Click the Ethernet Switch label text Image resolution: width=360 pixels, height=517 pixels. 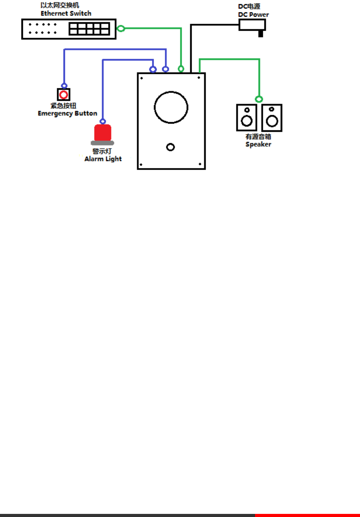tap(66, 13)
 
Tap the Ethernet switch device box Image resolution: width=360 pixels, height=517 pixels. tap(47, 29)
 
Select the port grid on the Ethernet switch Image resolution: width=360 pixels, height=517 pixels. tap(89, 29)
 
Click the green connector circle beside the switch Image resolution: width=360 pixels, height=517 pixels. tap(121, 28)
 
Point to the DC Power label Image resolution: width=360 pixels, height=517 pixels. tap(253, 15)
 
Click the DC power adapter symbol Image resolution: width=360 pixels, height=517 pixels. tap(252, 25)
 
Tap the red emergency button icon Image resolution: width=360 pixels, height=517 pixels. tap(64, 95)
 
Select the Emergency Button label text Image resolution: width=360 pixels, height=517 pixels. tap(67, 114)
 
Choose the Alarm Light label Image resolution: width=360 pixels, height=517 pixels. tap(103, 159)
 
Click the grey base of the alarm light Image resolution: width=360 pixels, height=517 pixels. tap(102, 143)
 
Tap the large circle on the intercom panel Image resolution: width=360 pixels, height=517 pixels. tap(171, 107)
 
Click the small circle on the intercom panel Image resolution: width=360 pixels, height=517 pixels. tap(170, 147)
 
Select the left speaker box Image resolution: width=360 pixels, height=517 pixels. tap(246, 118)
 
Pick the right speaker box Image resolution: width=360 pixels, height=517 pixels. tap(272, 118)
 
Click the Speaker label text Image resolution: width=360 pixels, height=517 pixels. tap(258, 144)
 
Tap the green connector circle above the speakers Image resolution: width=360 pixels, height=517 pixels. tap(259, 99)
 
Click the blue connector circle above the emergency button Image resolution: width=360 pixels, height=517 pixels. tap(64, 86)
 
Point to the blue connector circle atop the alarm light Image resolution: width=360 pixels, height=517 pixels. tap(103, 121)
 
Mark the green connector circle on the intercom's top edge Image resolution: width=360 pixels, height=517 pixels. tap(181, 69)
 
